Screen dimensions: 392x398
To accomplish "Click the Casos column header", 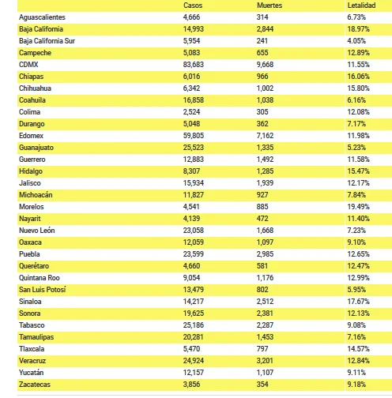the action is click(x=193, y=6).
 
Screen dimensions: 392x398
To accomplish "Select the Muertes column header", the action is click(x=269, y=6).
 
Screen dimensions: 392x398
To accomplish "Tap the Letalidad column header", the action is click(x=361, y=6).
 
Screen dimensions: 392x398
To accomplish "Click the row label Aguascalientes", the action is click(x=42, y=17).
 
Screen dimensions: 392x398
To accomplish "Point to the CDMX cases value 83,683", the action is click(x=194, y=65).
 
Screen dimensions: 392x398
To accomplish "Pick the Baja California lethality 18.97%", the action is click(x=358, y=29).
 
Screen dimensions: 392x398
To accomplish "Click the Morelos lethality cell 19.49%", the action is click(x=358, y=207).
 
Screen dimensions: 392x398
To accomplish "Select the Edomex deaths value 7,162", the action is click(x=265, y=136).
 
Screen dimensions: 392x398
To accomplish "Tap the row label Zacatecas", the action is click(x=35, y=385).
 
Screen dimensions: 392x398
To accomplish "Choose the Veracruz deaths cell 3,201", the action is click(x=265, y=361).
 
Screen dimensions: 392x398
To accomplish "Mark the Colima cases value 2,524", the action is click(x=191, y=112).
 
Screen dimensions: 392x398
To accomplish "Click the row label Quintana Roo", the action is click(x=40, y=278).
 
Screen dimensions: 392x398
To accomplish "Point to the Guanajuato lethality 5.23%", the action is click(x=356, y=148).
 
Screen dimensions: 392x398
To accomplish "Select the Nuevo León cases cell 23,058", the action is click(x=194, y=231).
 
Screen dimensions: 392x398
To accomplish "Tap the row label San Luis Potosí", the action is click(x=42, y=290).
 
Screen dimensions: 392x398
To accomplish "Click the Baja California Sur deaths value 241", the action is click(x=262, y=41).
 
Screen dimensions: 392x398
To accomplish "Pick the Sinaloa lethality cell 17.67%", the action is click(x=358, y=302).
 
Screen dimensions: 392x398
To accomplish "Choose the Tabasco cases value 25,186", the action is click(x=194, y=325).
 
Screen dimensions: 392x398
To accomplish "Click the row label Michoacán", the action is click(x=36, y=195).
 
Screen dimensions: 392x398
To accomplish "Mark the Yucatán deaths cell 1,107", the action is click(x=265, y=373).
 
